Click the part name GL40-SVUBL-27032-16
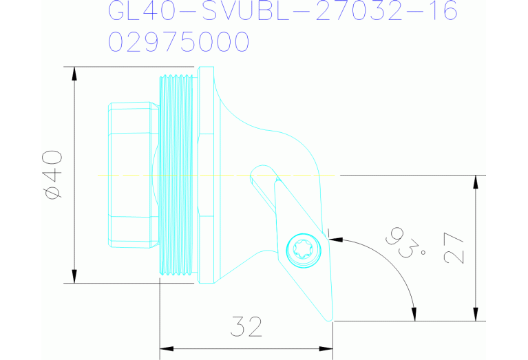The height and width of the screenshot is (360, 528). (x=283, y=12)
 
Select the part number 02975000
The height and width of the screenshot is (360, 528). (x=178, y=43)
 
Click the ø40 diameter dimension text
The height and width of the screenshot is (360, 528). (x=53, y=175)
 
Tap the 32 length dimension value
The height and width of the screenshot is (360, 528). (x=246, y=326)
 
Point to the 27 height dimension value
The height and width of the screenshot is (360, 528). (x=455, y=248)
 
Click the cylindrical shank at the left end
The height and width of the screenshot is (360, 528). (x=131, y=175)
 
